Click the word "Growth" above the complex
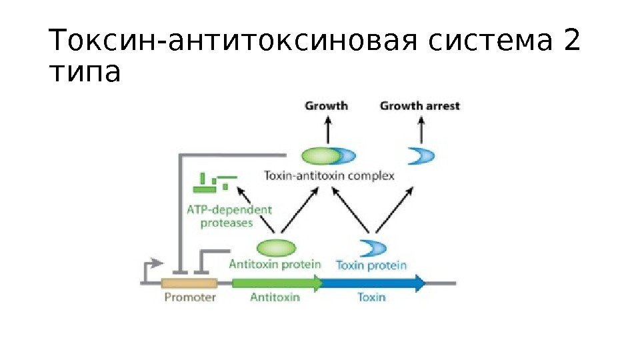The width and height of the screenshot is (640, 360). (x=327, y=105)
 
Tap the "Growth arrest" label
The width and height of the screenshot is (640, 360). (x=419, y=105)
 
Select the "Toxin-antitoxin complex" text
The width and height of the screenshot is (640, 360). (x=329, y=176)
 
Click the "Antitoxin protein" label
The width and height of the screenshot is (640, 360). (x=275, y=264)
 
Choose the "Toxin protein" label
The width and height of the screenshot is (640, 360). (x=371, y=265)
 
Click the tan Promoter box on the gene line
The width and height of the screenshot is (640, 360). (x=190, y=283)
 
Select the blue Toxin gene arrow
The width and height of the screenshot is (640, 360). (x=373, y=283)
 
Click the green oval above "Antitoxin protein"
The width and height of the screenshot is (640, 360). (x=275, y=247)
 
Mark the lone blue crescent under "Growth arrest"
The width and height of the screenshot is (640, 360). (x=421, y=157)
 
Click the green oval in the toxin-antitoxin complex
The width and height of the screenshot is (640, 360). (x=321, y=157)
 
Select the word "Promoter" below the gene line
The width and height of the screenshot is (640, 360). (x=190, y=297)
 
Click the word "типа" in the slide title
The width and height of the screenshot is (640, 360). (x=86, y=73)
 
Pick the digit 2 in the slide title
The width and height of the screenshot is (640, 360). (x=572, y=42)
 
